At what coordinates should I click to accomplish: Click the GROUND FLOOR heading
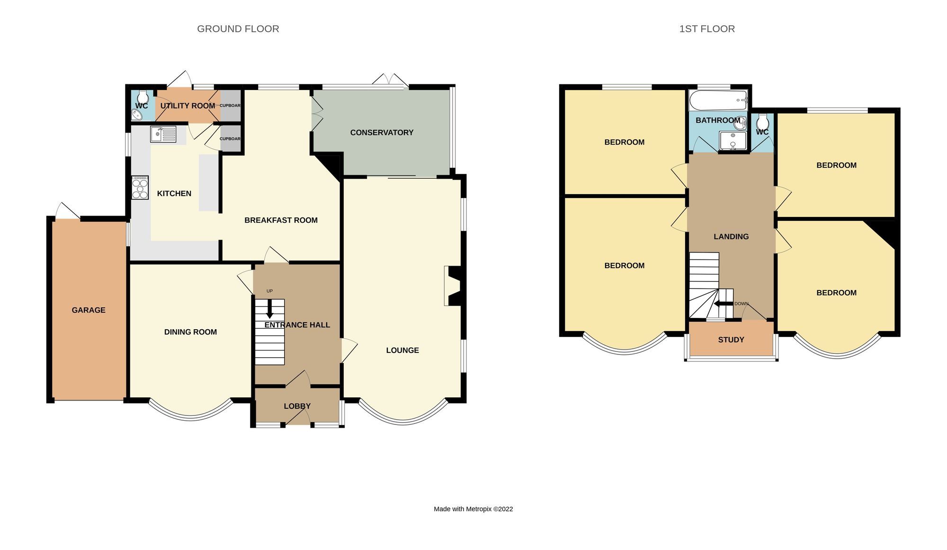[x=238, y=29]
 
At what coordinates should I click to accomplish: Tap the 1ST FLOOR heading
[x=706, y=29]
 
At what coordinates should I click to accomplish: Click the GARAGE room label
[x=89, y=310]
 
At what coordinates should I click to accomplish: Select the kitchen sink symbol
[x=163, y=134]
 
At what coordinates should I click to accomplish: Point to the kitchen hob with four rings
[x=140, y=188]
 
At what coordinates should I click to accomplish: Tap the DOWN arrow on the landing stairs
[x=723, y=304]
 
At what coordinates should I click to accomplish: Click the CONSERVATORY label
[x=382, y=133]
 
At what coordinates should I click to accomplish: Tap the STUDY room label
[x=731, y=340]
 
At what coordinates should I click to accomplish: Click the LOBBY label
[x=297, y=406]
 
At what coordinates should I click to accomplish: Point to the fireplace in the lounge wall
[x=454, y=286]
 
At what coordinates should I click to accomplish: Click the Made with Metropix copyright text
[x=473, y=509]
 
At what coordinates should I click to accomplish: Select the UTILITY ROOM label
[x=188, y=106]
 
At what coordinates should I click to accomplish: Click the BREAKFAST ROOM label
[x=281, y=220]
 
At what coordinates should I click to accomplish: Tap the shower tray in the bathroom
[x=733, y=141]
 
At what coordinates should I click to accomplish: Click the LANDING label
[x=731, y=236]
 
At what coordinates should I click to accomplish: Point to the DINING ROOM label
[x=190, y=332]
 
